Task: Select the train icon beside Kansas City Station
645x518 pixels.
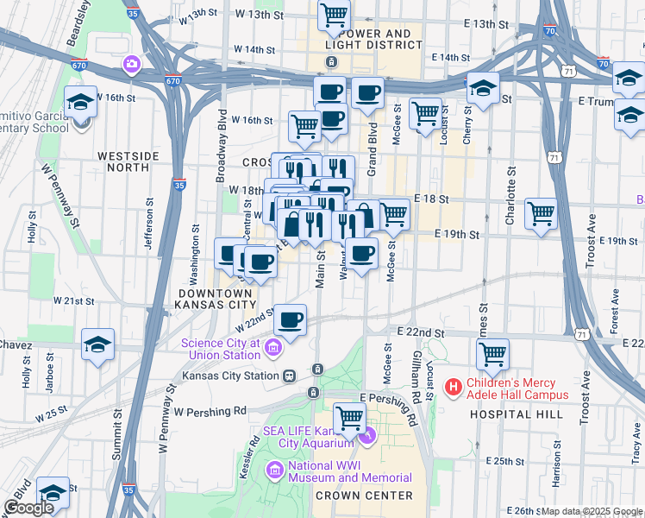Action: [x=290, y=376]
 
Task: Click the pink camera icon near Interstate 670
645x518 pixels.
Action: [x=132, y=63]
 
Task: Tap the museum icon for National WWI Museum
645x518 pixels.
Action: [x=274, y=471]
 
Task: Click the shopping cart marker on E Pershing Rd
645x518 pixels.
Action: [x=350, y=418]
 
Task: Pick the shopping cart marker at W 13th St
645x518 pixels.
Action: [x=334, y=15]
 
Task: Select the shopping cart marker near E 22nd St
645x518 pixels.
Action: [x=492, y=352]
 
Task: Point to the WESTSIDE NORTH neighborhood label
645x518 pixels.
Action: [x=128, y=161]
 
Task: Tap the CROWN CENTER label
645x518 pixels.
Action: [x=364, y=496]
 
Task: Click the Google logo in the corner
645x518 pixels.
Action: [x=28, y=508]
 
